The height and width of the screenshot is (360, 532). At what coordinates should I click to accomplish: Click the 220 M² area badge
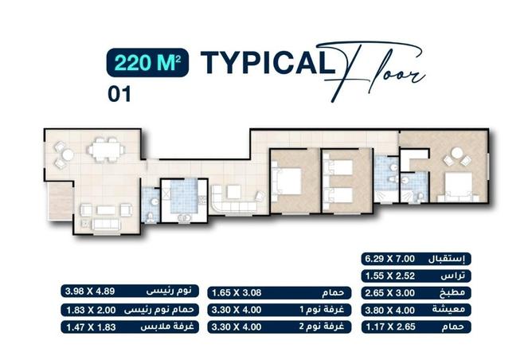coord(147,63)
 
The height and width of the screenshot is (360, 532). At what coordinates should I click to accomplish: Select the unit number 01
coord(119,94)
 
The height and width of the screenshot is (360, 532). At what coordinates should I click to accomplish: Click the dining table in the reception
coord(106,149)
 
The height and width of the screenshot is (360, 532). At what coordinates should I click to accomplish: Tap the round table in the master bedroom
coord(457,154)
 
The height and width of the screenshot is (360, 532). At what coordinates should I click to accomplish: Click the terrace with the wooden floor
coord(60,201)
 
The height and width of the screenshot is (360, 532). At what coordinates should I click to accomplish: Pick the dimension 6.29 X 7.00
coord(389,259)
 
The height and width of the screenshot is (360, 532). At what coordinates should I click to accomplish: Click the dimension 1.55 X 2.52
coord(389,276)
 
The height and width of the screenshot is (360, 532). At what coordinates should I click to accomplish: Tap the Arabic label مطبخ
coord(452,292)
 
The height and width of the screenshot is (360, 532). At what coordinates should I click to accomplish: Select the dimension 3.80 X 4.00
coord(389,310)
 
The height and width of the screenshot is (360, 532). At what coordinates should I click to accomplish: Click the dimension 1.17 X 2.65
coord(389,327)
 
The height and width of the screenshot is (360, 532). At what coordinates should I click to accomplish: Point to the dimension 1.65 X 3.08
coord(237,292)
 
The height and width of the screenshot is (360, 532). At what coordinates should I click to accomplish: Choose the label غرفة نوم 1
coord(322,310)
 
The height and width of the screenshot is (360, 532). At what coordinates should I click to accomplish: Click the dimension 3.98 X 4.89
coord(90,292)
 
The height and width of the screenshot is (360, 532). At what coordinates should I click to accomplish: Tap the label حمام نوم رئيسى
coord(159,310)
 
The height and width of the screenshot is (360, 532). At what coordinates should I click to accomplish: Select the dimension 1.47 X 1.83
coord(91,327)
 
